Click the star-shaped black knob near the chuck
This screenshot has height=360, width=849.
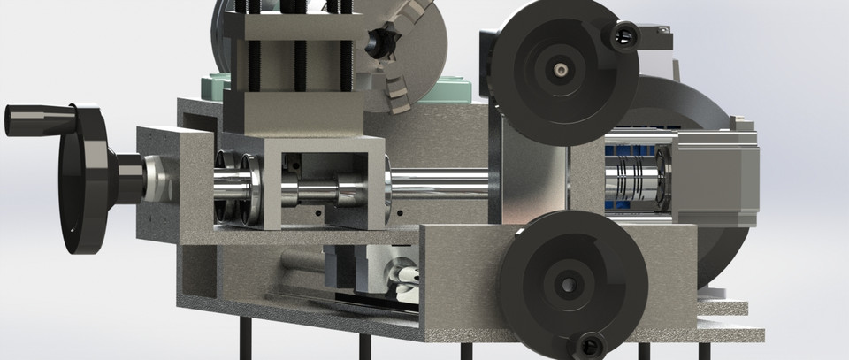pyautogui.click(x=381, y=42)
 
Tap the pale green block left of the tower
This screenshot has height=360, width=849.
pyautogui.click(x=215, y=87)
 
